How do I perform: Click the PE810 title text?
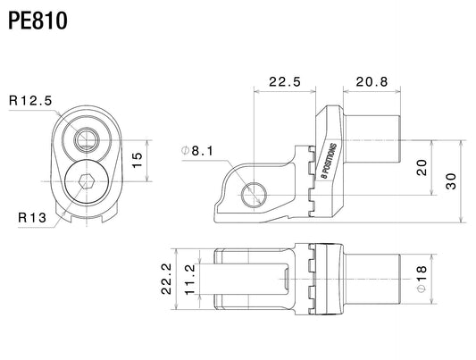pos(38,21)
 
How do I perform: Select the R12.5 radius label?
pos(30,100)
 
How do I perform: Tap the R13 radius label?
pos(32,217)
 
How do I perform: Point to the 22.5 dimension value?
pos(285,81)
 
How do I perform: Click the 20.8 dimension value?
pos(372,81)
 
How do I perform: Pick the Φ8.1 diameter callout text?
pos(197,151)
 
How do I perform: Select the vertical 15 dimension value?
pos(138,160)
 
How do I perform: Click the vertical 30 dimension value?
pos(450,181)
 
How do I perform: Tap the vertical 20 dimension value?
pos(422,168)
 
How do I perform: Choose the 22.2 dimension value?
pos(166,279)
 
